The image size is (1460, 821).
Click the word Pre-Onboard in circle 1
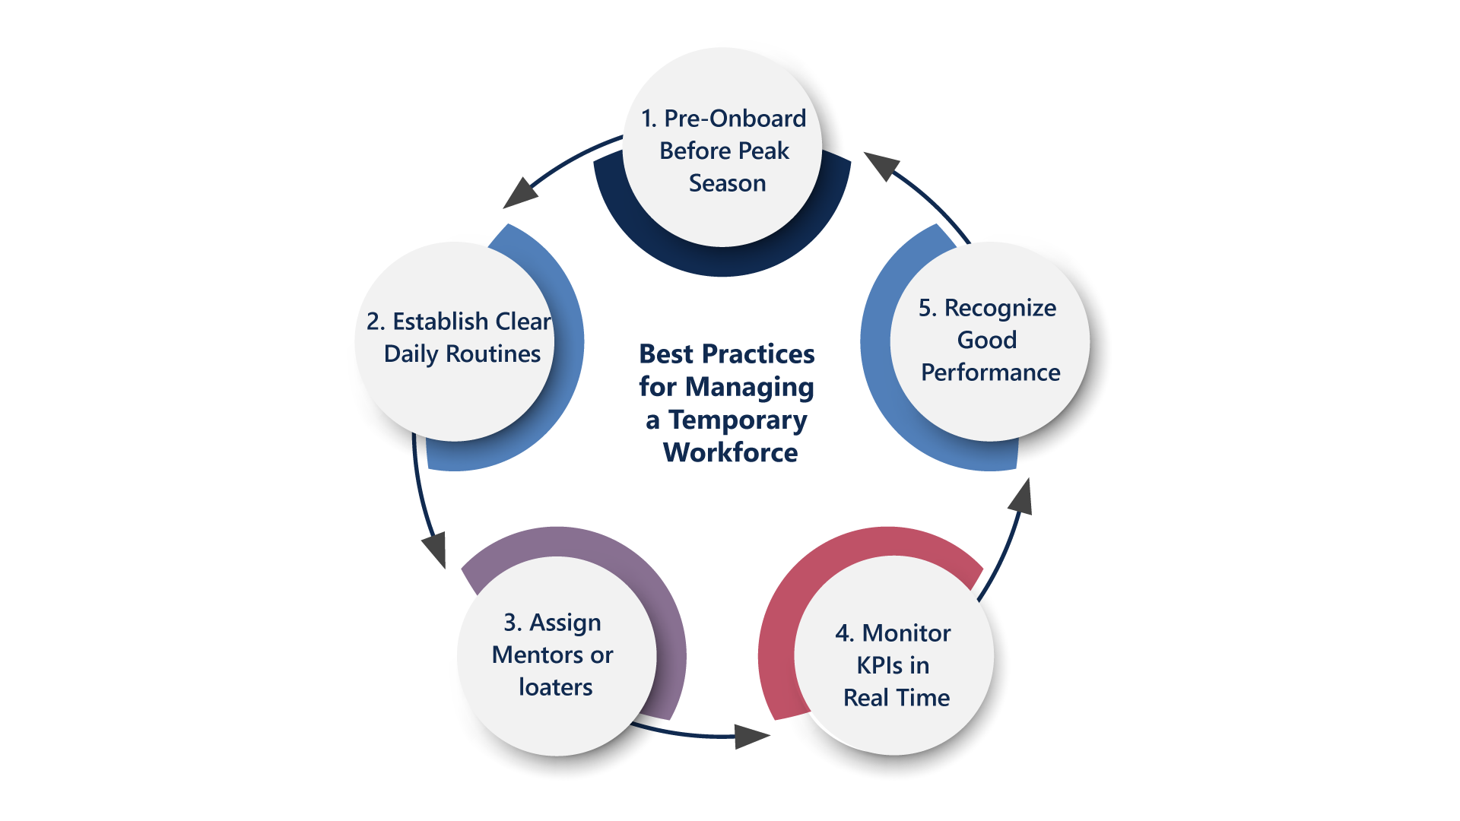click(x=735, y=119)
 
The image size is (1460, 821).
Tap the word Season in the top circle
click(x=727, y=183)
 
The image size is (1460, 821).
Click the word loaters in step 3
click(x=555, y=687)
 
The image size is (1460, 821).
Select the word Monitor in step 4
click(x=906, y=633)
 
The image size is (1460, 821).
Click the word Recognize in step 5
click(x=999, y=308)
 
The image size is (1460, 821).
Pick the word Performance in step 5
click(x=990, y=372)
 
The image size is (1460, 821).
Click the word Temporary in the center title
click(x=737, y=420)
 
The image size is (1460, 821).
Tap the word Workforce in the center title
click(x=730, y=452)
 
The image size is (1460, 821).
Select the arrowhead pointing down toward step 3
click(x=435, y=549)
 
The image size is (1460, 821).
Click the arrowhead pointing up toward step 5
click(x=1021, y=498)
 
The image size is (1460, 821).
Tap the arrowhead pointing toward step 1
click(x=882, y=164)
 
